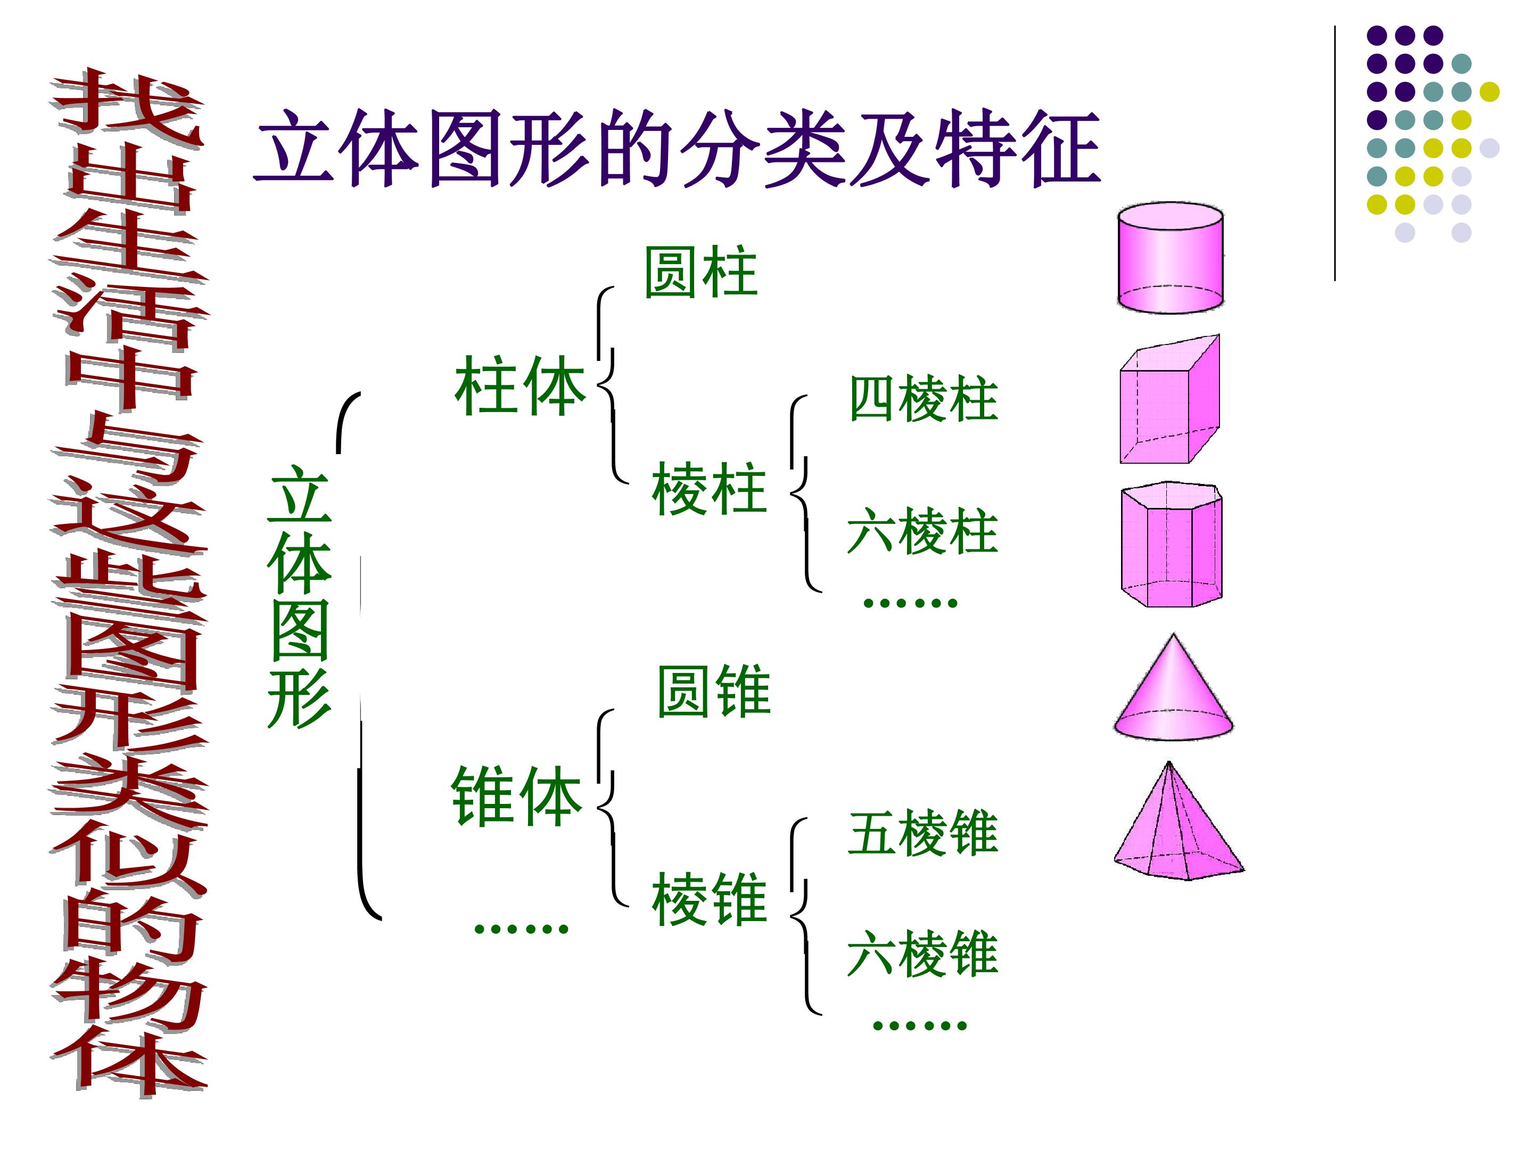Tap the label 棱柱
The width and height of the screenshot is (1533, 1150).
point(709,489)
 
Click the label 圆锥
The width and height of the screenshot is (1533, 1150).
point(714,691)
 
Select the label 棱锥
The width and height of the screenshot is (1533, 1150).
point(709,899)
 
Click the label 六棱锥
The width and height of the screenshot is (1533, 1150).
point(922,954)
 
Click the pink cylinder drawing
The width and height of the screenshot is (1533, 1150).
point(1170,257)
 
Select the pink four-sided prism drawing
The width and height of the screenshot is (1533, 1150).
point(1170,399)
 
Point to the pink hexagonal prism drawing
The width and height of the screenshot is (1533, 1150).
point(1171,544)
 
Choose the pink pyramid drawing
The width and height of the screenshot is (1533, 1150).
point(1178,821)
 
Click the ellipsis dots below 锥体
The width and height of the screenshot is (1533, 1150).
point(521,927)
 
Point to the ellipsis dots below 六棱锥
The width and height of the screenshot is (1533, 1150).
point(920,1024)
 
